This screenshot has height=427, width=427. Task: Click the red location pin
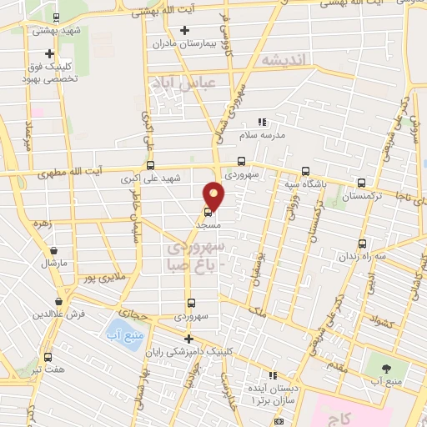tap(214, 195)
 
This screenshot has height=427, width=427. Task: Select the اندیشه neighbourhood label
tap(284, 60)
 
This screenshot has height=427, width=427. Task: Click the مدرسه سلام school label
tap(263, 133)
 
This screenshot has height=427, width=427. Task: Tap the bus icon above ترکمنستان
tap(361, 183)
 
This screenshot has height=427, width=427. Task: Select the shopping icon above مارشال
tap(54, 250)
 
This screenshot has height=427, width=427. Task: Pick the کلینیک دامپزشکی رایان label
tap(191, 351)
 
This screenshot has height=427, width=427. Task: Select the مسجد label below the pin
tap(207, 224)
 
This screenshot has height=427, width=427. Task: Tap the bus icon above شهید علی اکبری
tap(150, 165)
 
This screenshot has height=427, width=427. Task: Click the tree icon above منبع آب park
tap(386, 367)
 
